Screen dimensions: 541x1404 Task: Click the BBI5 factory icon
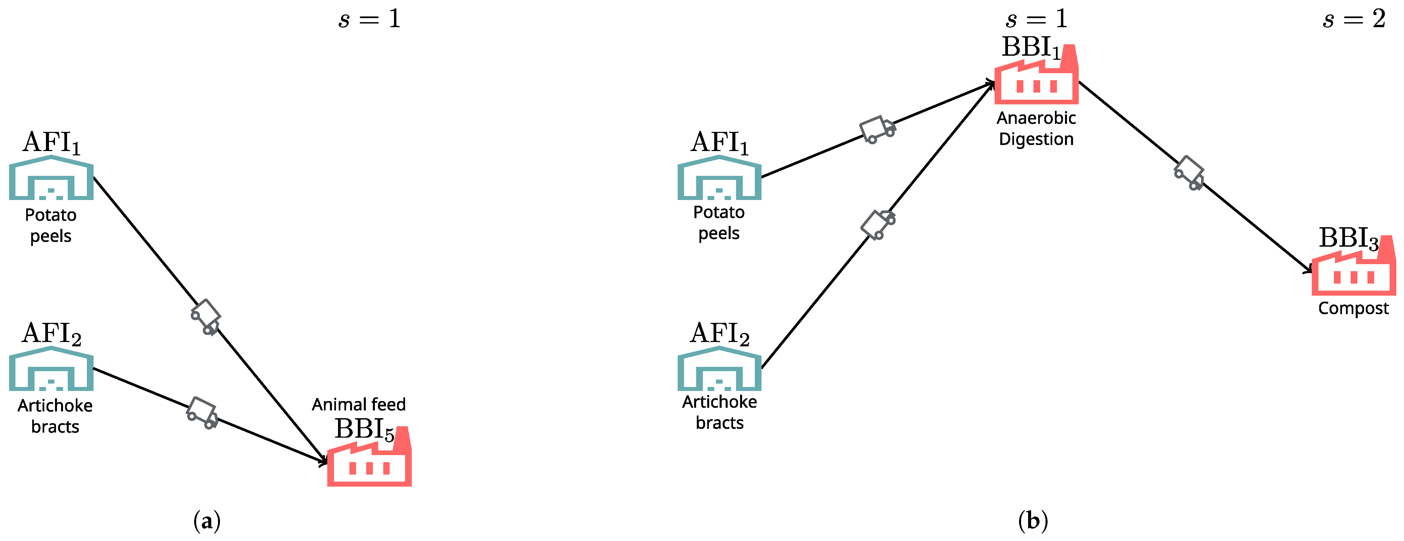tap(370, 461)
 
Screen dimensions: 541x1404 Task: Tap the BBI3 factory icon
tap(1353, 270)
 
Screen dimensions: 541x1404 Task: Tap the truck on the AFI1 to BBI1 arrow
tap(877, 129)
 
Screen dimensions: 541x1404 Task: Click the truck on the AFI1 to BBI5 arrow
tap(206, 316)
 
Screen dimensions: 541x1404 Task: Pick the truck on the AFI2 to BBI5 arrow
tap(202, 413)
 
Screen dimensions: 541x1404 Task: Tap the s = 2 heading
tap(1353, 19)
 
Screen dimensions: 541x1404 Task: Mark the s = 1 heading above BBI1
tap(1036, 19)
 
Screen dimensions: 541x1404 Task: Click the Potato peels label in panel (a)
tap(51, 225)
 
